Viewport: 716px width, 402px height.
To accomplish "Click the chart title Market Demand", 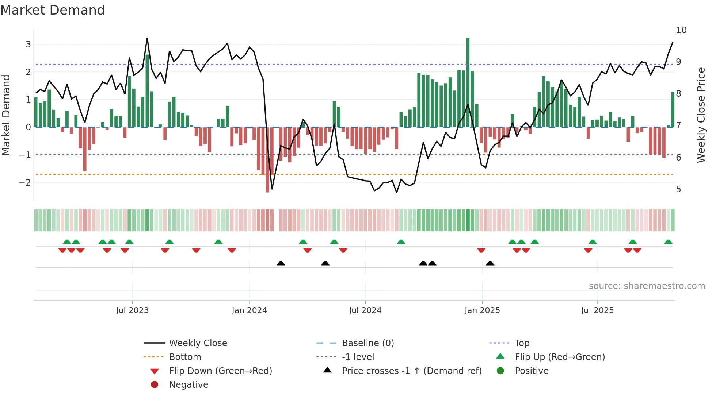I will pos(53,10).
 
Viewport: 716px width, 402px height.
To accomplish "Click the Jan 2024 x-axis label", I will pos(249,310).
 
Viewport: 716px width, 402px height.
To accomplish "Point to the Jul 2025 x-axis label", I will pos(597,310).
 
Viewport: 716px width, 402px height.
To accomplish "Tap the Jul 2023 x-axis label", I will pos(132,310).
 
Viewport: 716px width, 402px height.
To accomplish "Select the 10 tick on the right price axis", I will pos(681,30).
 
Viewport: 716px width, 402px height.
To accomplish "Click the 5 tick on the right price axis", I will pos(678,189).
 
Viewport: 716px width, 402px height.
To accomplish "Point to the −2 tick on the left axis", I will pos(25,182).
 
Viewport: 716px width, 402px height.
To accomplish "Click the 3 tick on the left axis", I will pos(28,45).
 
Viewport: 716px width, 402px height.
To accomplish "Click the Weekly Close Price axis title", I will pos(701,115).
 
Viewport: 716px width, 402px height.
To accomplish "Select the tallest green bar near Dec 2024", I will pos(468,82).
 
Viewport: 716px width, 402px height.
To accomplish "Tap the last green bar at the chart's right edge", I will pos(673,109).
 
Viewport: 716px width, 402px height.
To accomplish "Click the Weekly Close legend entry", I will pos(198,343).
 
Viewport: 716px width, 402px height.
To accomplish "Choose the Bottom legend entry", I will pos(185,357).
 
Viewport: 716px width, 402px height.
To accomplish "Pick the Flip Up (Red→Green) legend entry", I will pos(559,357).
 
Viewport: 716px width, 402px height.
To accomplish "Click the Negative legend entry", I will pos(188,385).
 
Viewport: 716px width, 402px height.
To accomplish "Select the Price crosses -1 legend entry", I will pos(411,371).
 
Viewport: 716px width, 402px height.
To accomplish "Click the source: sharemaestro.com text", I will pos(647,286).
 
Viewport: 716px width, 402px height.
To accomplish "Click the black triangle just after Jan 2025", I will pos(490,263).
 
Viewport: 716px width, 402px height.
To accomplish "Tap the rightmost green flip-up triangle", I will pos(668,242).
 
